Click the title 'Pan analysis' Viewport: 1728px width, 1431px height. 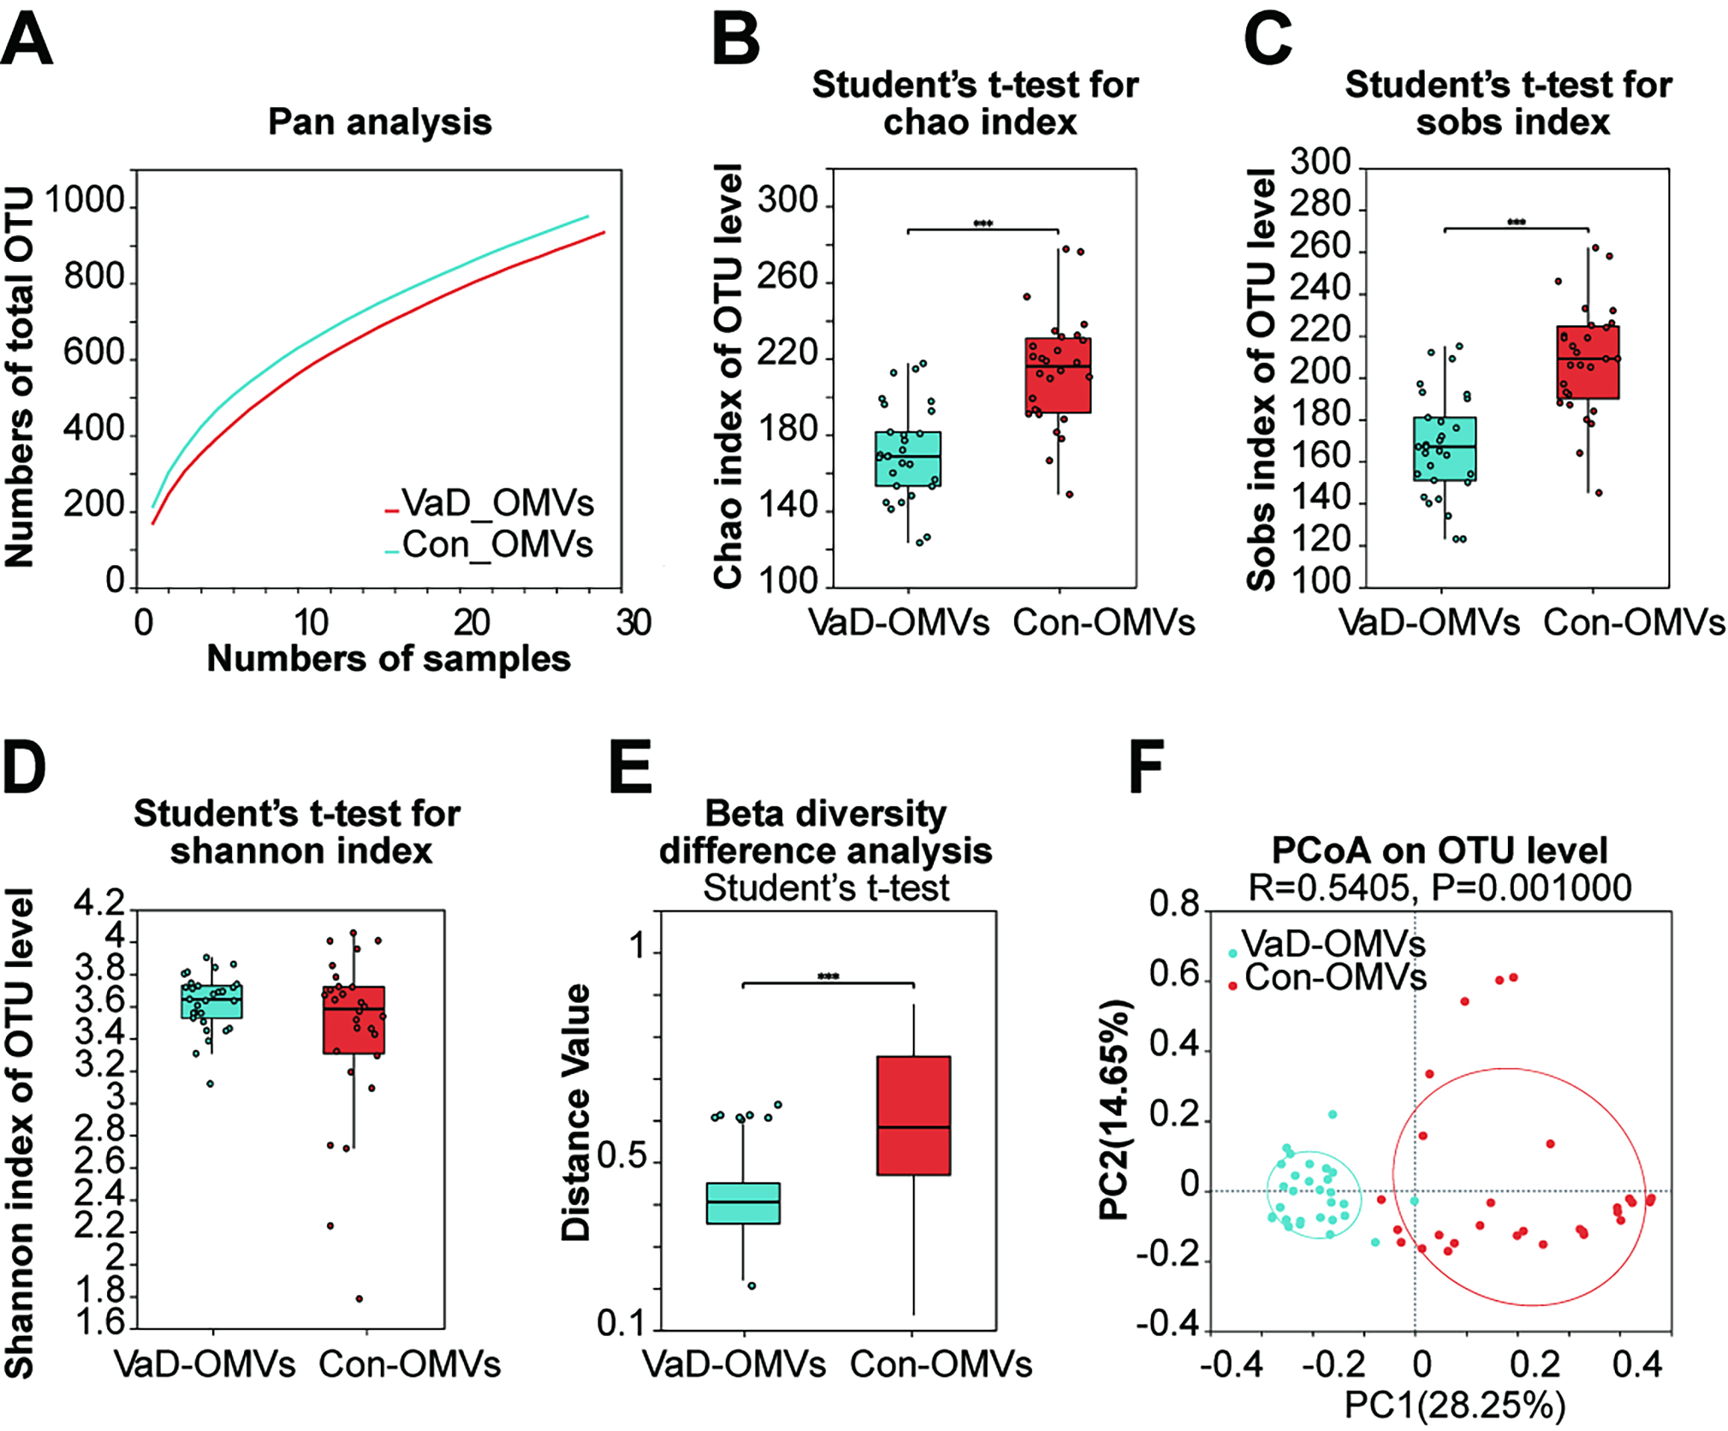point(379,122)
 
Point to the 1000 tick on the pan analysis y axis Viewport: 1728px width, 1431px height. point(85,200)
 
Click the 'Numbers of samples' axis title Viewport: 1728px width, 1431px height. point(388,658)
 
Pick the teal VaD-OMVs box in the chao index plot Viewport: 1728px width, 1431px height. point(909,458)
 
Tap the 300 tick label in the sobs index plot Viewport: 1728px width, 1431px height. point(1321,162)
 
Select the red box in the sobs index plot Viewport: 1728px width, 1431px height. point(1588,362)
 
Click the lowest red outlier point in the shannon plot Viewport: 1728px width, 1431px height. point(359,1299)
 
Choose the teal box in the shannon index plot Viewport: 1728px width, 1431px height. point(211,1000)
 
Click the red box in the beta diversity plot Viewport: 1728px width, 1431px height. point(913,1115)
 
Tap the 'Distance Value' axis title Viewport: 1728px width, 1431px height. point(576,1112)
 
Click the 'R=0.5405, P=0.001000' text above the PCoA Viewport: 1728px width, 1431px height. point(1440,888)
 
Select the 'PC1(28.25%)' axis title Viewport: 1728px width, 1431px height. point(1455,1405)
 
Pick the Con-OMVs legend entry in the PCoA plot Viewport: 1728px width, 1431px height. point(1333,977)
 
